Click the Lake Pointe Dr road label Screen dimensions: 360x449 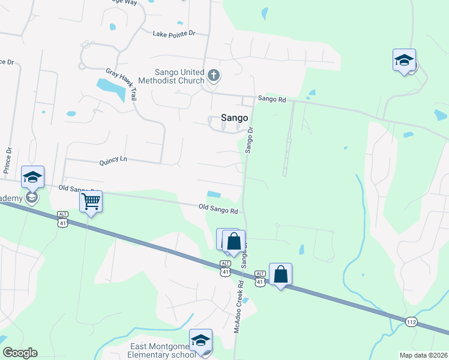[x=174, y=34]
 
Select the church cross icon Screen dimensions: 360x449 [x=214, y=76]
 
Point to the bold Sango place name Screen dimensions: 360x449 [x=234, y=118]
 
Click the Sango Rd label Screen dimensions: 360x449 [x=272, y=98]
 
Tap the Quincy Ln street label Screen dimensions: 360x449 [x=113, y=160]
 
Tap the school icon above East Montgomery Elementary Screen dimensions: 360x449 [x=200, y=340]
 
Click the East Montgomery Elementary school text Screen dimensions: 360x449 [x=163, y=350]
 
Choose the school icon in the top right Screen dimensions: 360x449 [x=405, y=60]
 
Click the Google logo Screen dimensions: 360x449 [x=20, y=353]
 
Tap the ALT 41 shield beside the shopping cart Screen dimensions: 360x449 [x=63, y=219]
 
